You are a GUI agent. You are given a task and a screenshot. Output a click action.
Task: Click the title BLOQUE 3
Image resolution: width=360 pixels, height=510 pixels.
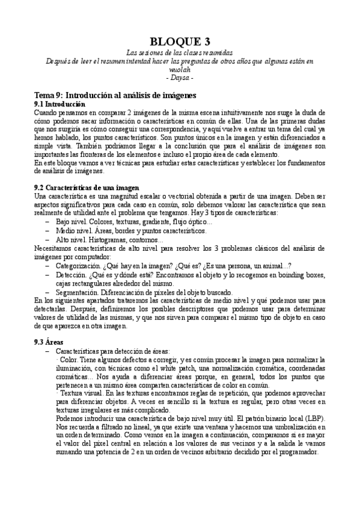180,41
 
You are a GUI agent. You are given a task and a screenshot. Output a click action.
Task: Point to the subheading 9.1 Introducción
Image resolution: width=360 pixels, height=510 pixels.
60,104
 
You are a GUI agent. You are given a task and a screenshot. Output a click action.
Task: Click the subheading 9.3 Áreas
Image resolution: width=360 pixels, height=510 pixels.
54,341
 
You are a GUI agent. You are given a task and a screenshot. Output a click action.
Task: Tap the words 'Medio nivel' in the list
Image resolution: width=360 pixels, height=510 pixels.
74,230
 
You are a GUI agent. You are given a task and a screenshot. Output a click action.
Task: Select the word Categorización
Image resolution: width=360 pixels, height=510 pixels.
80,266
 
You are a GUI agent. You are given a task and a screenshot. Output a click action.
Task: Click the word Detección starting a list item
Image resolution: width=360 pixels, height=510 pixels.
71,274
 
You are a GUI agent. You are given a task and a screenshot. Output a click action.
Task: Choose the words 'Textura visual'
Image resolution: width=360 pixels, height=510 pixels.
79,393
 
